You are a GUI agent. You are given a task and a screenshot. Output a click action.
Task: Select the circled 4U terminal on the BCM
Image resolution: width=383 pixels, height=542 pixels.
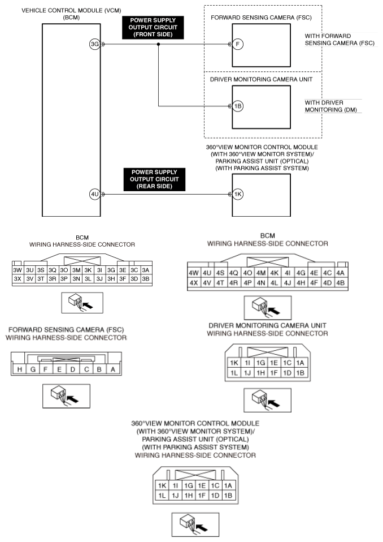(94, 194)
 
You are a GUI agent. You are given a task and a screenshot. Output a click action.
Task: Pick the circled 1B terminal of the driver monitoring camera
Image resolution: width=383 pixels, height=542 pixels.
(238, 106)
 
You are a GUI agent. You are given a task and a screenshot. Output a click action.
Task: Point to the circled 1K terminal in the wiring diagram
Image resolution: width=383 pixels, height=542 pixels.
(238, 194)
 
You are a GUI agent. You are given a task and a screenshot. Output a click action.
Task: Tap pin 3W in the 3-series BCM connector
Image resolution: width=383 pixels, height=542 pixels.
(17, 270)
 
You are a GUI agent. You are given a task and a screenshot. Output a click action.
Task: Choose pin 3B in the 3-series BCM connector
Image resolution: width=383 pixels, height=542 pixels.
(145, 279)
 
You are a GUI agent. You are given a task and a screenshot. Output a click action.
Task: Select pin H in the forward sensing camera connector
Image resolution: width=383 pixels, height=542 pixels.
(20, 369)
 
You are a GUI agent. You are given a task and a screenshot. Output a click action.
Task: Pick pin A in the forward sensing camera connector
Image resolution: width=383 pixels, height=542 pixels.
(114, 369)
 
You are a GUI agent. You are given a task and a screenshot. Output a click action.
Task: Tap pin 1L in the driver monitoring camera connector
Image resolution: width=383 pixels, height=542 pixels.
(233, 373)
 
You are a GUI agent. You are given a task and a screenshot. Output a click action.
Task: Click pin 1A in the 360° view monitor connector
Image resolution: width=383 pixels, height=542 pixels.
(228, 485)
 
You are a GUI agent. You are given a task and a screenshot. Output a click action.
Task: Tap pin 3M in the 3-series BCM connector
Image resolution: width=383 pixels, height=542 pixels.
(76, 270)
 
